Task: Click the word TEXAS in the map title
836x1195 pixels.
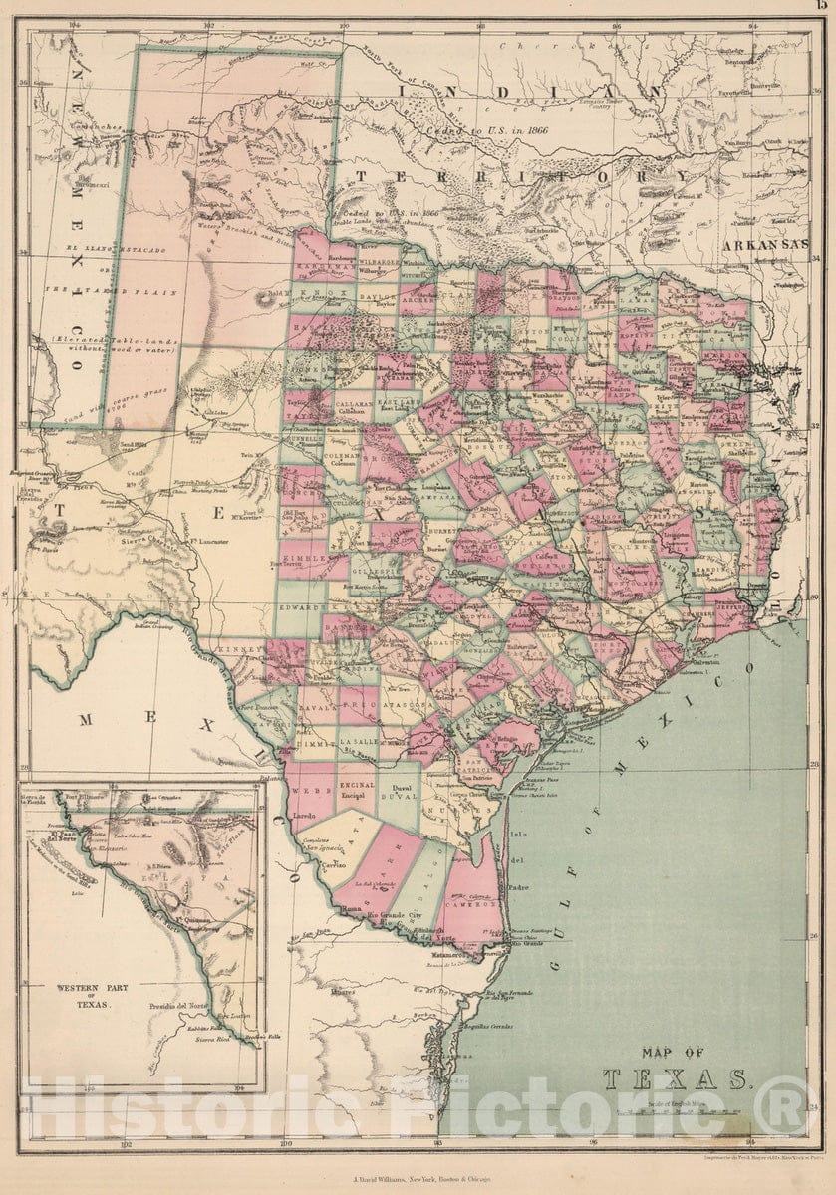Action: point(675,1079)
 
